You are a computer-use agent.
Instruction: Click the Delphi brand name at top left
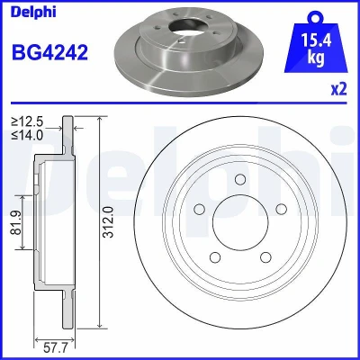[x=33, y=12]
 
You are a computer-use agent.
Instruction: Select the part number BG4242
[x=49, y=52]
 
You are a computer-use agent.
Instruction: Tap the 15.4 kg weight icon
[x=316, y=43]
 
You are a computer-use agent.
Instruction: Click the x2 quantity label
[x=339, y=89]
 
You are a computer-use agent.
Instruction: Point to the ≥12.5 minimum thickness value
[x=27, y=122]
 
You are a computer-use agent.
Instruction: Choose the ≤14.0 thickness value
[x=27, y=136]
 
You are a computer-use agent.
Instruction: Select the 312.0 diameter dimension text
[x=110, y=222]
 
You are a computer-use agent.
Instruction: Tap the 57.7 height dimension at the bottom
[x=56, y=348]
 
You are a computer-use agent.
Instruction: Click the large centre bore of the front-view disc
[x=240, y=222]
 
